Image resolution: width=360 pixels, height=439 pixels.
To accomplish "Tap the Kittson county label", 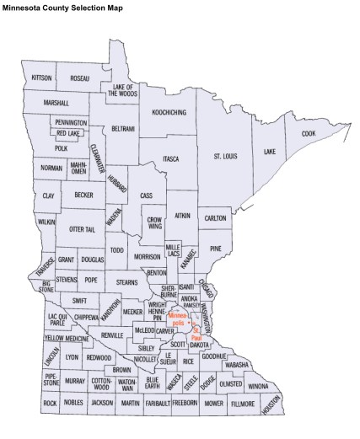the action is (x=41, y=78).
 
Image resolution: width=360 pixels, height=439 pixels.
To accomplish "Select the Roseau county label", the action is (x=80, y=78).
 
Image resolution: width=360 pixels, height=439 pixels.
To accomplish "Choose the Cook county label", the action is (x=309, y=133).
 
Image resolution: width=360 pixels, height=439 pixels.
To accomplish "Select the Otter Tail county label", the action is (x=82, y=229).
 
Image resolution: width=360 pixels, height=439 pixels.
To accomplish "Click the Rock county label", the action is (x=51, y=404).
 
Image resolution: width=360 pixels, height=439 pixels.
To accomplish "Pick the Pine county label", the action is (x=216, y=249).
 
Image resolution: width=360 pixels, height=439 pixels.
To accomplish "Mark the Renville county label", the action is (x=112, y=335).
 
